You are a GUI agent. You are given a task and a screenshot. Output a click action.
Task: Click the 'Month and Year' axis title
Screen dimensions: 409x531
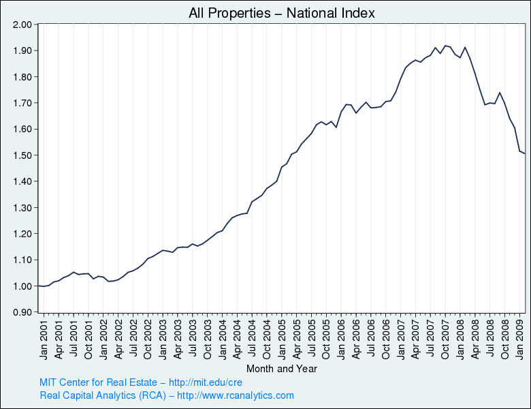281,369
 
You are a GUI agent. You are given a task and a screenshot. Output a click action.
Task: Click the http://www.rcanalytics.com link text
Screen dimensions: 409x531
236,395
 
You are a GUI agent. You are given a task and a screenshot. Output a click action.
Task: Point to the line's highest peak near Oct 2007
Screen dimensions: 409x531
445,46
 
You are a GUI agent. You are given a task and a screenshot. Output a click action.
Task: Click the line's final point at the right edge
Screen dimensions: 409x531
524,153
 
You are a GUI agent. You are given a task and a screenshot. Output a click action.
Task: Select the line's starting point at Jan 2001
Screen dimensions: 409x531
39,286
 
